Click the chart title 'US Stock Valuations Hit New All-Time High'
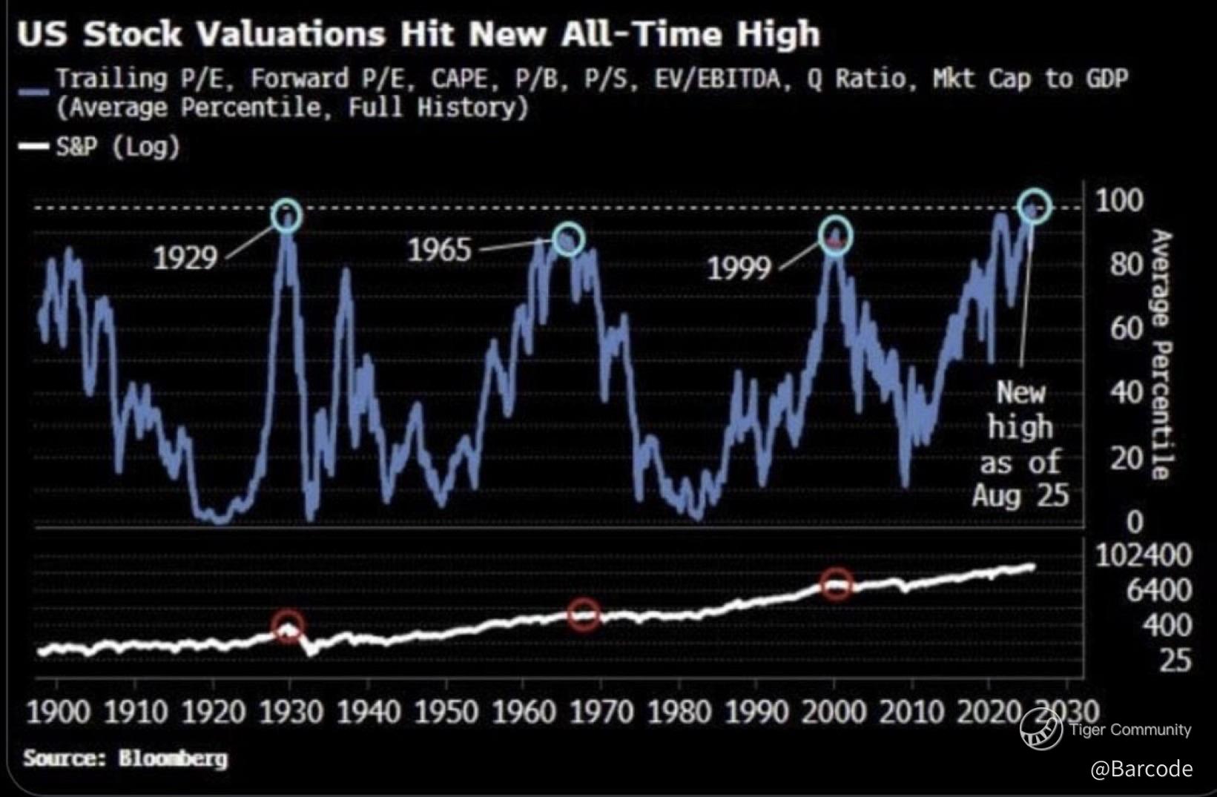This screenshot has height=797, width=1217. pyautogui.click(x=418, y=34)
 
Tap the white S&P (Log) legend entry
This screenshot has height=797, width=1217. pyautogui.click(x=117, y=146)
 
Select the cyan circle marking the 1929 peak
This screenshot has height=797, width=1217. pyautogui.click(x=286, y=215)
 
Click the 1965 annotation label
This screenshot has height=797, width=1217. pyautogui.click(x=439, y=250)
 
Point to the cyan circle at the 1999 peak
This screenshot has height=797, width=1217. pyautogui.click(x=836, y=236)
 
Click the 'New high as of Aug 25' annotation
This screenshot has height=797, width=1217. pyautogui.click(x=1020, y=443)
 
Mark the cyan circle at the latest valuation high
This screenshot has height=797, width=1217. pyautogui.click(x=1035, y=205)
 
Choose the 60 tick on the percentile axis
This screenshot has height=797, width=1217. pyautogui.click(x=1127, y=328)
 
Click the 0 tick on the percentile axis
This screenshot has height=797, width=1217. pyautogui.click(x=1135, y=522)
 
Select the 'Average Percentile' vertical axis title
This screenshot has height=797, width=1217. pyautogui.click(x=1161, y=354)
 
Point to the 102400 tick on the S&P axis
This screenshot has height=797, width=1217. pyautogui.click(x=1143, y=555)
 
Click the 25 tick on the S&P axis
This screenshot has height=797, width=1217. pyautogui.click(x=1175, y=660)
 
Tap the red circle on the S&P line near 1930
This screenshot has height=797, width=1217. pyautogui.click(x=288, y=625)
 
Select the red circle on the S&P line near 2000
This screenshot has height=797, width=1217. pyautogui.click(x=837, y=583)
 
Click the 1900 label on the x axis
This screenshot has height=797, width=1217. pyautogui.click(x=58, y=712)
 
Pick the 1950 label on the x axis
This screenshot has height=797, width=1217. pyautogui.click(x=446, y=712)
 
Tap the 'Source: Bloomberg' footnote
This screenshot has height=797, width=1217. pyautogui.click(x=125, y=758)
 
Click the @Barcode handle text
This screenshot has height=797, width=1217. pyautogui.click(x=1141, y=768)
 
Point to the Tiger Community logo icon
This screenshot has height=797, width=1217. pyautogui.click(x=1040, y=728)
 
